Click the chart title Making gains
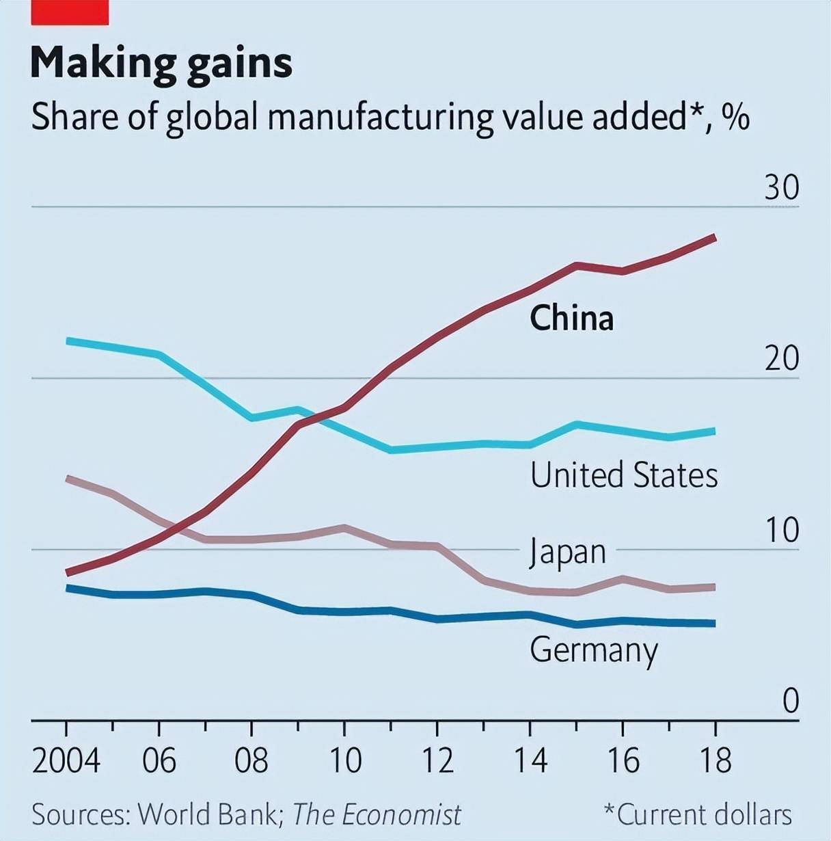pyautogui.click(x=161, y=64)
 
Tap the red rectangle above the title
pyautogui.click(x=70, y=12)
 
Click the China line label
pyautogui.click(x=571, y=319)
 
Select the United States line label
pyautogui.click(x=624, y=475)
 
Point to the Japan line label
pyautogui.click(x=568, y=552)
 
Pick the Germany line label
pyautogui.click(x=593, y=650)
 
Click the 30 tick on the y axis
pyautogui.click(x=781, y=187)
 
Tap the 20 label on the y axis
pyautogui.click(x=781, y=358)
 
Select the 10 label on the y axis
pyautogui.click(x=781, y=530)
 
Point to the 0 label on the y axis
pyautogui.click(x=790, y=701)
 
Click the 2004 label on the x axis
pyautogui.click(x=66, y=760)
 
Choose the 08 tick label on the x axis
pyautogui.click(x=251, y=760)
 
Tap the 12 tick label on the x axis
pyautogui.click(x=437, y=760)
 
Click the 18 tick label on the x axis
pyautogui.click(x=715, y=760)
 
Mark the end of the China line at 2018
pyautogui.click(x=714, y=238)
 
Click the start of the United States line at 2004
pyautogui.click(x=67, y=341)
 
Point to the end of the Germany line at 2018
pyautogui.click(x=714, y=623)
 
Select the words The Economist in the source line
pyautogui.click(x=377, y=815)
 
